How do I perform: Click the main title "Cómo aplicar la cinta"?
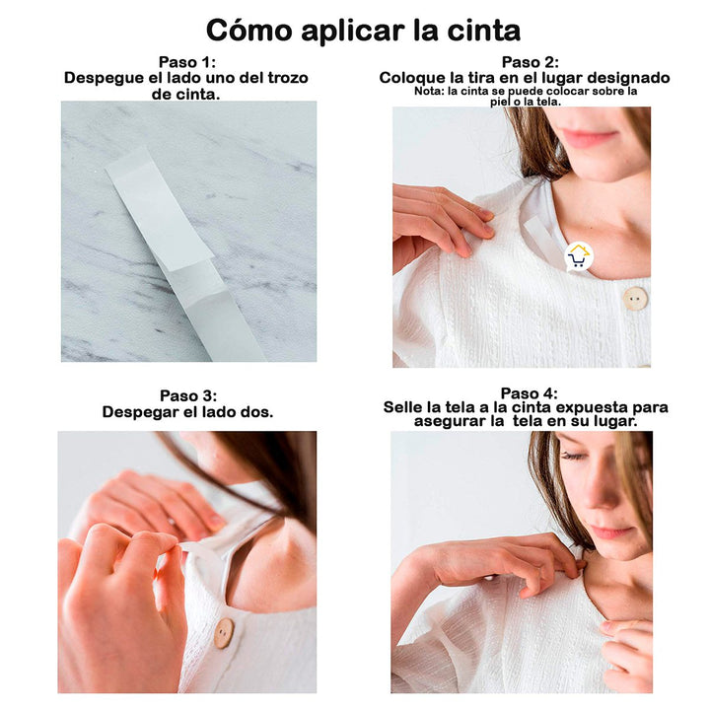click(x=363, y=30)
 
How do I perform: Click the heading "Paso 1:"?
click(x=188, y=61)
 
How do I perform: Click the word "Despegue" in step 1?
click(x=103, y=77)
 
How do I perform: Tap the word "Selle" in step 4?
click(x=405, y=407)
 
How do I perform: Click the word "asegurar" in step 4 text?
click(x=450, y=421)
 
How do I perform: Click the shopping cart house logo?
click(x=579, y=256)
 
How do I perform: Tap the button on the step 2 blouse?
click(x=635, y=299)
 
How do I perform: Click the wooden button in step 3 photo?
click(x=225, y=632)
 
